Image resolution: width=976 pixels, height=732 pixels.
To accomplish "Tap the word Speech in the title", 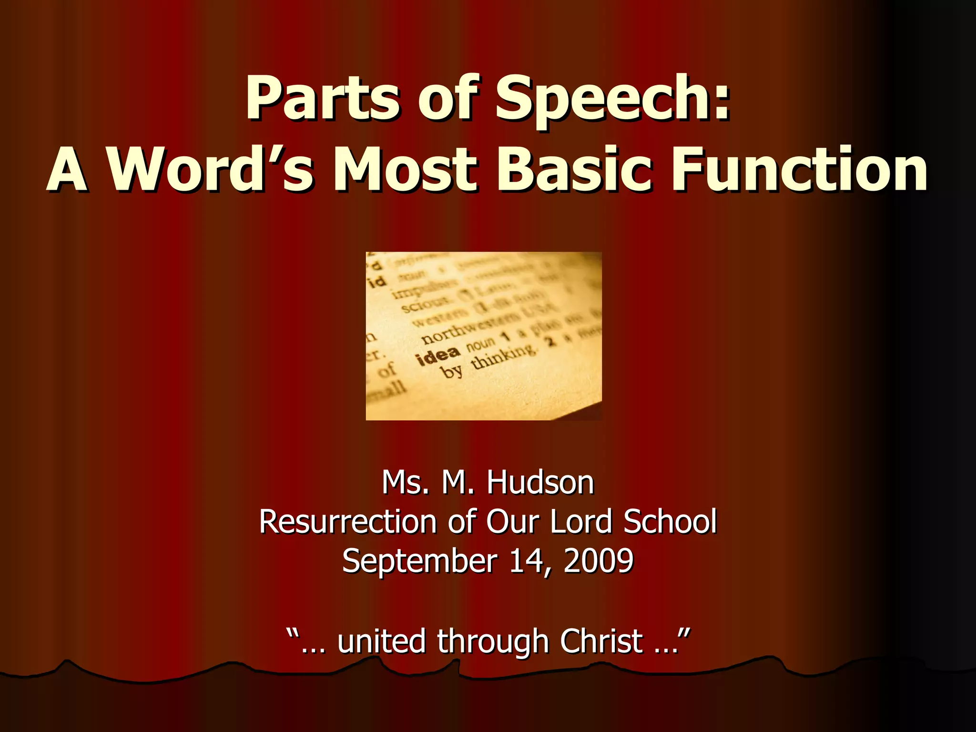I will (x=612, y=99).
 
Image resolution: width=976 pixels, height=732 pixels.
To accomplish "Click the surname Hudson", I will (x=540, y=482).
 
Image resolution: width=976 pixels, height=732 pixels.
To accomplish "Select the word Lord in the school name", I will (x=581, y=521).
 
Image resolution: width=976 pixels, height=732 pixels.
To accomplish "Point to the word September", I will (x=419, y=561).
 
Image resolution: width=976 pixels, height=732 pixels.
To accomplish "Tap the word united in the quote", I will (x=381, y=641).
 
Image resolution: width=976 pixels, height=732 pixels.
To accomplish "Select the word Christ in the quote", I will (x=601, y=641).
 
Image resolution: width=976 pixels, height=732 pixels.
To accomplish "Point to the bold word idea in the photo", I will (x=438, y=355).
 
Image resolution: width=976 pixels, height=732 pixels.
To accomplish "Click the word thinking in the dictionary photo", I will (x=503, y=356).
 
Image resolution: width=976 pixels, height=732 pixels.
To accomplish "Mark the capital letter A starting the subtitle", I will (x=67, y=170).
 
